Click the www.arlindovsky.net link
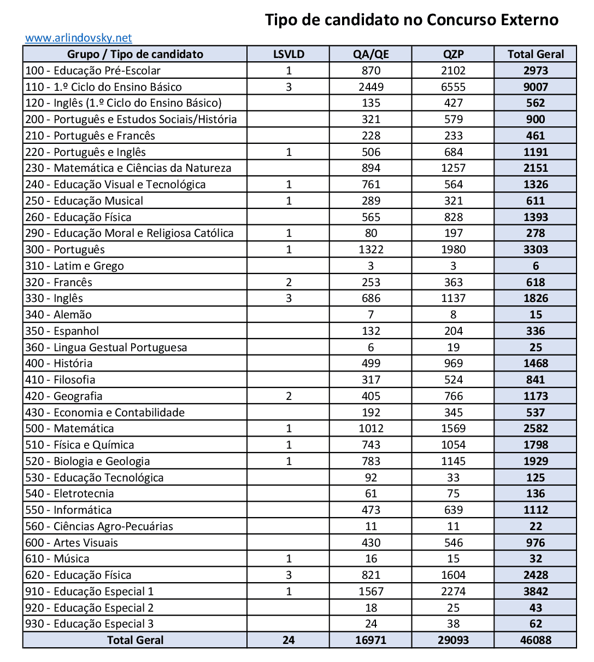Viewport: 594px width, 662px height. click(x=78, y=38)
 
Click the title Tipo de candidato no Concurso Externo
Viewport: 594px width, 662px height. click(x=411, y=20)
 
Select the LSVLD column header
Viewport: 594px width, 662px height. click(x=289, y=54)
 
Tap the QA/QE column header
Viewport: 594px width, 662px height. click(x=371, y=54)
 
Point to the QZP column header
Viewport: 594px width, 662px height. click(x=454, y=54)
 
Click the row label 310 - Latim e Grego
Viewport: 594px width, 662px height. click(x=75, y=266)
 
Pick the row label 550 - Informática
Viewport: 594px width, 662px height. click(x=68, y=510)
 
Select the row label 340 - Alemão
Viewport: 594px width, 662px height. click(x=58, y=315)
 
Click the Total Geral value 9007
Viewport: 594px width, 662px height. click(x=536, y=87)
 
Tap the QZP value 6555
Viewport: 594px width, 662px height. click(x=454, y=87)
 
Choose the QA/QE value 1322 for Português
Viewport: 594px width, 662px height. click(x=371, y=249)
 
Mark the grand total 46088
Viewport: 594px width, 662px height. click(x=536, y=640)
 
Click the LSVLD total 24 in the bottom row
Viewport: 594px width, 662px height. click(x=289, y=640)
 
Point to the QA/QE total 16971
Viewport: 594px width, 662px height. click(x=371, y=640)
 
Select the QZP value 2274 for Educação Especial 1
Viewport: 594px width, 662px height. click(x=454, y=591)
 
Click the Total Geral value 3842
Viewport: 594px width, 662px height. click(x=536, y=591)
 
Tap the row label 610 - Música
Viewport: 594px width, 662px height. click(x=57, y=559)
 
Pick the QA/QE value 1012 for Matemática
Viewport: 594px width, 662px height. click(x=371, y=428)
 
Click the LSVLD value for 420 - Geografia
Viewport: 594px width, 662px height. click(x=289, y=396)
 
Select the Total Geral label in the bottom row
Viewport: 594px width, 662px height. click(x=135, y=640)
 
